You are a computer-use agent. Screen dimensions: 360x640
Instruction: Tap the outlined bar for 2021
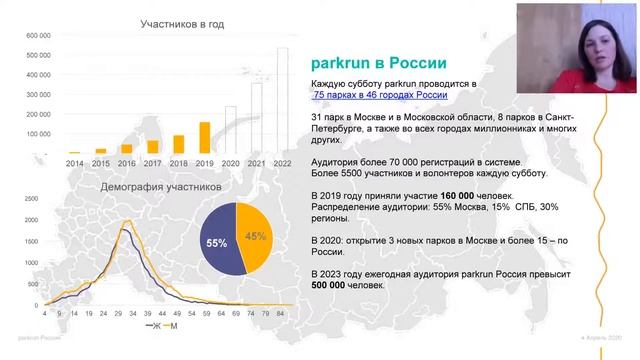pyautogui.click(x=257, y=116)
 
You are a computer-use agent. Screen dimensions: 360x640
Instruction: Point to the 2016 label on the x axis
pyautogui.click(x=127, y=162)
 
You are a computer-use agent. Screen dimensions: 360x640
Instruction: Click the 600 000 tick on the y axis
pyautogui.click(x=37, y=36)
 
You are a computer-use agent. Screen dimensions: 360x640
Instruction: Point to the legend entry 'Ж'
pyautogui.click(x=152, y=326)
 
